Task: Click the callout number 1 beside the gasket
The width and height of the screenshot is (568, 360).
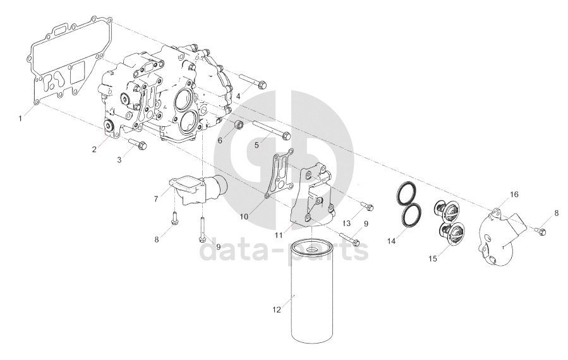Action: (x=21, y=119)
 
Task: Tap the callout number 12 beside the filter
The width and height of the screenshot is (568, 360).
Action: (x=276, y=309)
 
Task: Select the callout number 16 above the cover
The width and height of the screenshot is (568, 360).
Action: (x=514, y=195)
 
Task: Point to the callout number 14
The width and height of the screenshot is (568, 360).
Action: (x=392, y=241)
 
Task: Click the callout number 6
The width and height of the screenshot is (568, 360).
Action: (x=220, y=140)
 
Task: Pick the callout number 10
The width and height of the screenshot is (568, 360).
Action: (x=244, y=217)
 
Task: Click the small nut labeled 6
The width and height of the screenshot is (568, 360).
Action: (x=238, y=126)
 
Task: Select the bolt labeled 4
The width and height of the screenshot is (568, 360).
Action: (x=253, y=81)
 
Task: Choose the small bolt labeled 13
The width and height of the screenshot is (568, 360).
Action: (x=367, y=206)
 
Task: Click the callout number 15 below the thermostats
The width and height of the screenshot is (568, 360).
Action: (x=433, y=258)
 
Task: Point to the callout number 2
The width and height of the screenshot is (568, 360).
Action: (x=94, y=149)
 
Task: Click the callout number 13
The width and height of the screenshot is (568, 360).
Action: (x=347, y=224)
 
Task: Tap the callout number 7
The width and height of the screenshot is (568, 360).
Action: (x=156, y=199)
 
